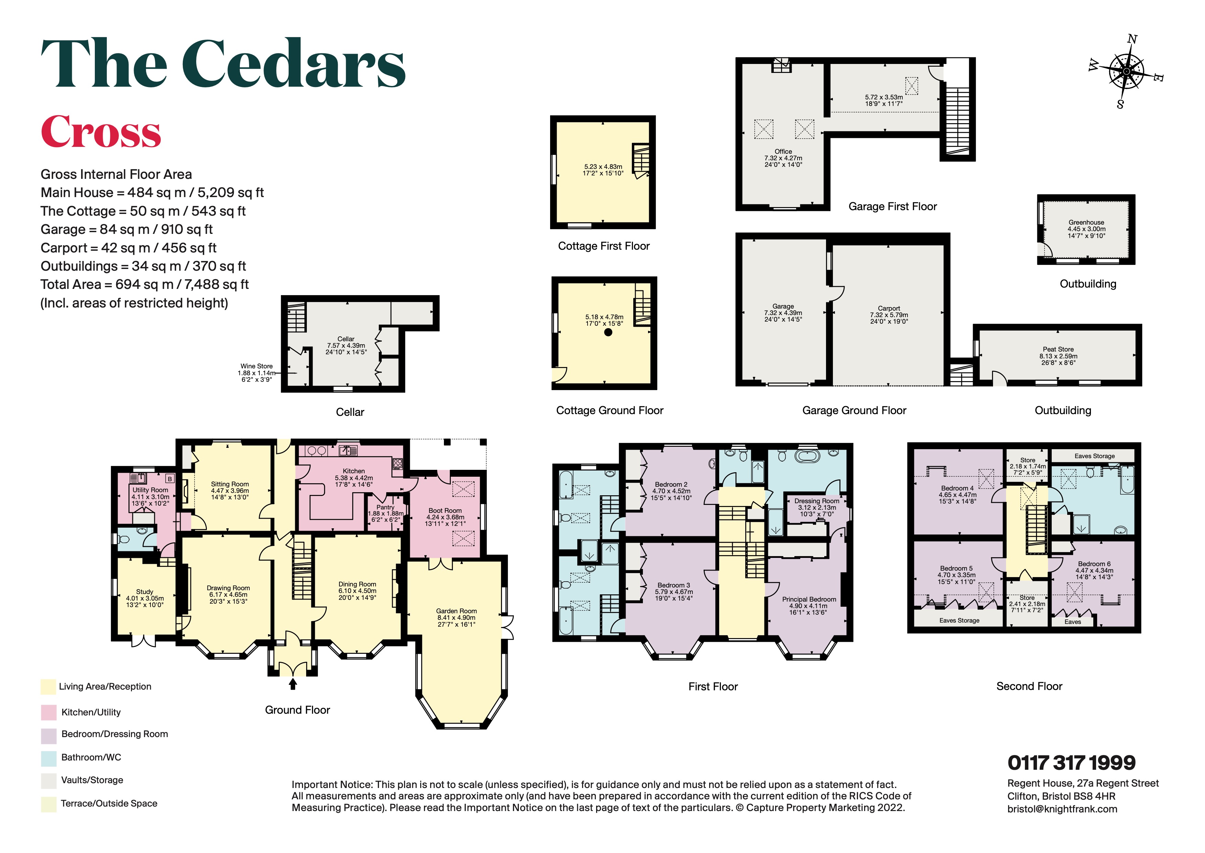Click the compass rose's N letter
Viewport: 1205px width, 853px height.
tap(1132, 40)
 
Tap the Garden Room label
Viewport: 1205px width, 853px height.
tap(456, 611)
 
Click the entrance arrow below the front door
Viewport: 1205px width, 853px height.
tap(293, 683)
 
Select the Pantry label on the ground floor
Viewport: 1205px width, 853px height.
tap(385, 507)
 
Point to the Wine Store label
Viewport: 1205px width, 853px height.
tap(257, 366)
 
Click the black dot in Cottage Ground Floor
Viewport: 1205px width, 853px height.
tap(608, 332)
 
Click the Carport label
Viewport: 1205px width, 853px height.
tap(889, 308)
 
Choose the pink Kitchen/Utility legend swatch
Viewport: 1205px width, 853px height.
tap(49, 712)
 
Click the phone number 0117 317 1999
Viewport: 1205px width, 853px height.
tap(1071, 763)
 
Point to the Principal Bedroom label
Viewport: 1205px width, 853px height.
tap(809, 599)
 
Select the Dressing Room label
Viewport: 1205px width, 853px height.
tap(817, 501)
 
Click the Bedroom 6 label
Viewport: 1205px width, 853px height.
tap(1094, 564)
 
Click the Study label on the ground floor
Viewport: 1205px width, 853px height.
tap(145, 592)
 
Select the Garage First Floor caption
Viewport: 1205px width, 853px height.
tap(892, 206)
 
